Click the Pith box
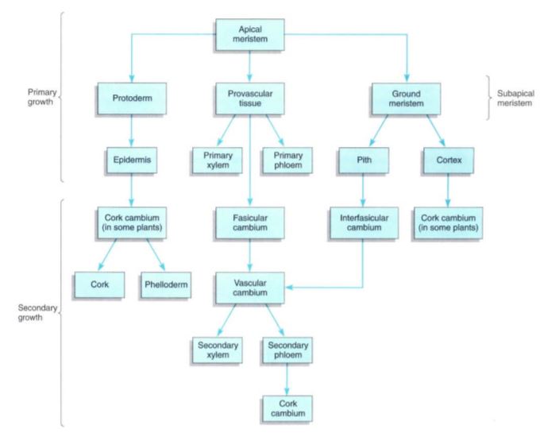pos(362,159)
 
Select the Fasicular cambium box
pos(250,218)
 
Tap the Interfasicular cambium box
pos(362,218)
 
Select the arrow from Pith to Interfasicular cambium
pos(362,188)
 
